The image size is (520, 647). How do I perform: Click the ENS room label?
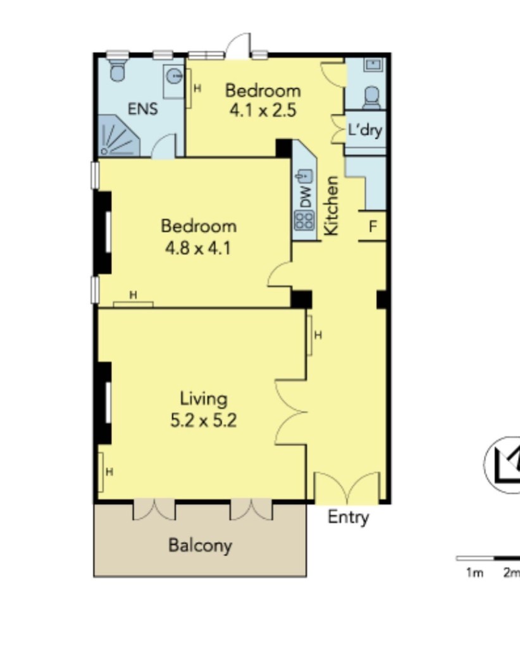point(142,109)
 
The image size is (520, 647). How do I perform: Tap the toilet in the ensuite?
point(118,70)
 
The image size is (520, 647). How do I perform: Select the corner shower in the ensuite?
point(118,136)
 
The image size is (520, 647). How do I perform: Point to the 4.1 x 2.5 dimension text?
point(263,111)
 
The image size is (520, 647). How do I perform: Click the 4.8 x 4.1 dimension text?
point(198,248)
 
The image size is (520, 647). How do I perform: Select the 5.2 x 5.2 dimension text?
point(204,421)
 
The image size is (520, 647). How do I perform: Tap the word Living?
point(204,399)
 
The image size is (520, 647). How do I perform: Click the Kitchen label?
point(331,205)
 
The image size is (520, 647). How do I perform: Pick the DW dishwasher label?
point(306,197)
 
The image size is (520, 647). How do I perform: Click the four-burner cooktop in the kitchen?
point(304,221)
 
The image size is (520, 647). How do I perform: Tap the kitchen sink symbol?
point(304,176)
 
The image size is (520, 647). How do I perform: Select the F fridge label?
point(373,227)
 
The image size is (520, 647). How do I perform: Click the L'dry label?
point(365,130)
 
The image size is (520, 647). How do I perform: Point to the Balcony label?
point(201,545)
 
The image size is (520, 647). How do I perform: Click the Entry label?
point(348,517)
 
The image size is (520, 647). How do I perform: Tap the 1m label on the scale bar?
point(474,572)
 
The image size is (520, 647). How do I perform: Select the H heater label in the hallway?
point(318,335)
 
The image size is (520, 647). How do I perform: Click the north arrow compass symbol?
point(502,464)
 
